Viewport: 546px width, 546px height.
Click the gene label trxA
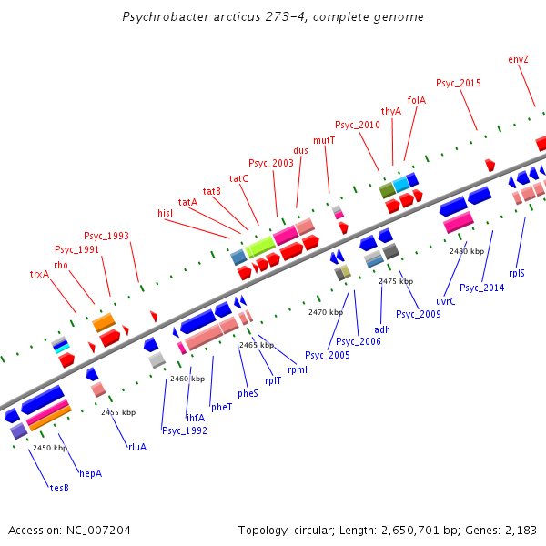point(39,273)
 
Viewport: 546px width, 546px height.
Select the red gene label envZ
point(518,59)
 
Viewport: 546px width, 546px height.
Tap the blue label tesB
point(59,488)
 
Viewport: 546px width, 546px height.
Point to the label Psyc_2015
point(459,83)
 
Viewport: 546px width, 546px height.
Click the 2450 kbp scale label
point(50,448)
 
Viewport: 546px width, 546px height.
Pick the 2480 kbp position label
point(467,251)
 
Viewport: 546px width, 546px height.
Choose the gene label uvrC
point(446,301)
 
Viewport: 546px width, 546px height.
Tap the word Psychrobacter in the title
point(161,17)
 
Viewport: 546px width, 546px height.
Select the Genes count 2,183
point(520,530)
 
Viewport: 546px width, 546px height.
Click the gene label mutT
point(324,140)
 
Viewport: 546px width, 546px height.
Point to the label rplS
point(517,272)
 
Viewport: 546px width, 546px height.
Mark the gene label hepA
point(91,473)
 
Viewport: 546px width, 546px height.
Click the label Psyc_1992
point(185,430)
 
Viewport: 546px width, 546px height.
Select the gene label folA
point(417,100)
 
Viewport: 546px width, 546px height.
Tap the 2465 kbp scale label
point(257,346)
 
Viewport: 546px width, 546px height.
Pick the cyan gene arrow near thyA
point(400,184)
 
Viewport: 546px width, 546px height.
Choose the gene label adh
point(382,329)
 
